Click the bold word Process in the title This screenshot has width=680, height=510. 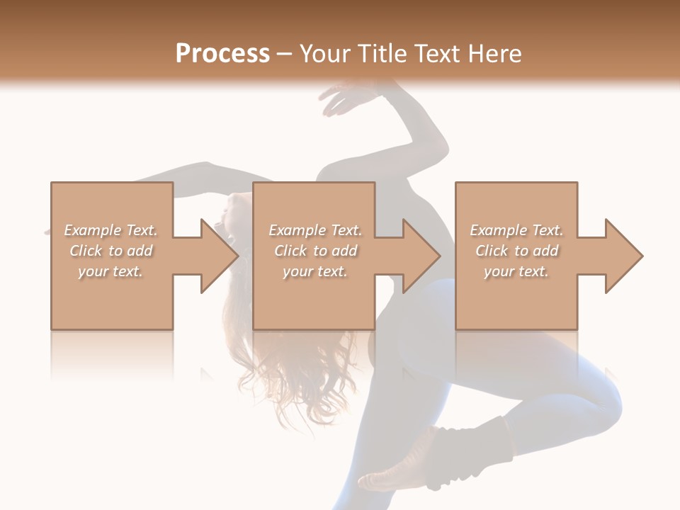[x=222, y=53]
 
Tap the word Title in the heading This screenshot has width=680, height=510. [x=382, y=53]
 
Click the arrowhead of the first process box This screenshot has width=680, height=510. [x=220, y=256]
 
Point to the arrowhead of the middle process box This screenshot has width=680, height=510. [x=422, y=256]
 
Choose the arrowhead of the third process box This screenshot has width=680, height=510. [x=624, y=256]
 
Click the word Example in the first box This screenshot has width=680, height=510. [x=93, y=230]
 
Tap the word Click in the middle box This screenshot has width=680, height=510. [x=290, y=251]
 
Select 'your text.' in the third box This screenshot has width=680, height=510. [x=516, y=271]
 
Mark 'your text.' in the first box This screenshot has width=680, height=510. [x=110, y=271]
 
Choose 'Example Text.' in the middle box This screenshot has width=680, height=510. [x=315, y=230]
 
